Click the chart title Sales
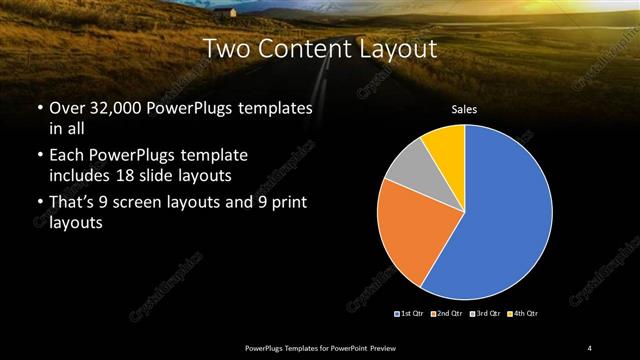pyautogui.click(x=464, y=110)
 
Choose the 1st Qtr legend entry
pyautogui.click(x=409, y=315)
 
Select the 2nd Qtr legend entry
pyautogui.click(x=445, y=315)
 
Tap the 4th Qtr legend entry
pyautogui.click(x=522, y=315)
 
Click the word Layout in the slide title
pyautogui.click(x=401, y=48)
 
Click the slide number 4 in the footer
pyautogui.click(x=590, y=347)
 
